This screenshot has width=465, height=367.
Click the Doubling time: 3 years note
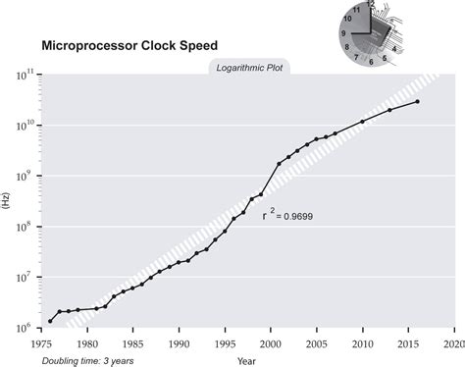[86, 361]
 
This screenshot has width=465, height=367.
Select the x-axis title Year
[247, 361]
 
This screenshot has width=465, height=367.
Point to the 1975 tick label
[42, 344]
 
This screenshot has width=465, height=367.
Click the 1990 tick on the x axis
[179, 344]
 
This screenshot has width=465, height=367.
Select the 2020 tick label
[453, 344]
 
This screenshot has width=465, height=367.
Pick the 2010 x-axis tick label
[362, 344]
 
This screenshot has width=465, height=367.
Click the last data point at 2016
[418, 102]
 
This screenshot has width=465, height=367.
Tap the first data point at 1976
[51, 321]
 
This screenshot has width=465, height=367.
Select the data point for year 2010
[363, 122]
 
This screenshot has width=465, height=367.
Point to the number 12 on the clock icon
[370, 5]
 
